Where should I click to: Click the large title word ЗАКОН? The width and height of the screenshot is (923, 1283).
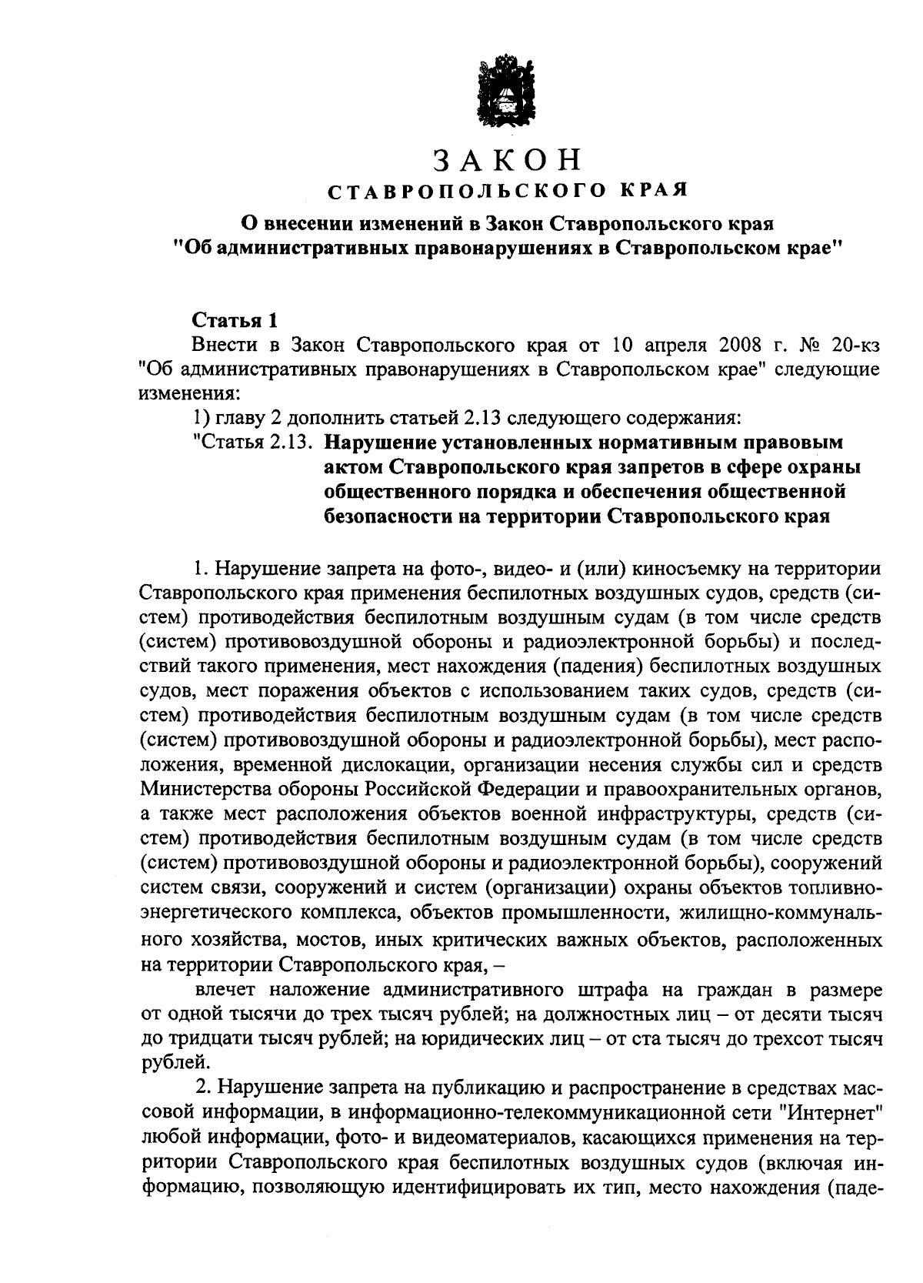[x=505, y=159]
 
